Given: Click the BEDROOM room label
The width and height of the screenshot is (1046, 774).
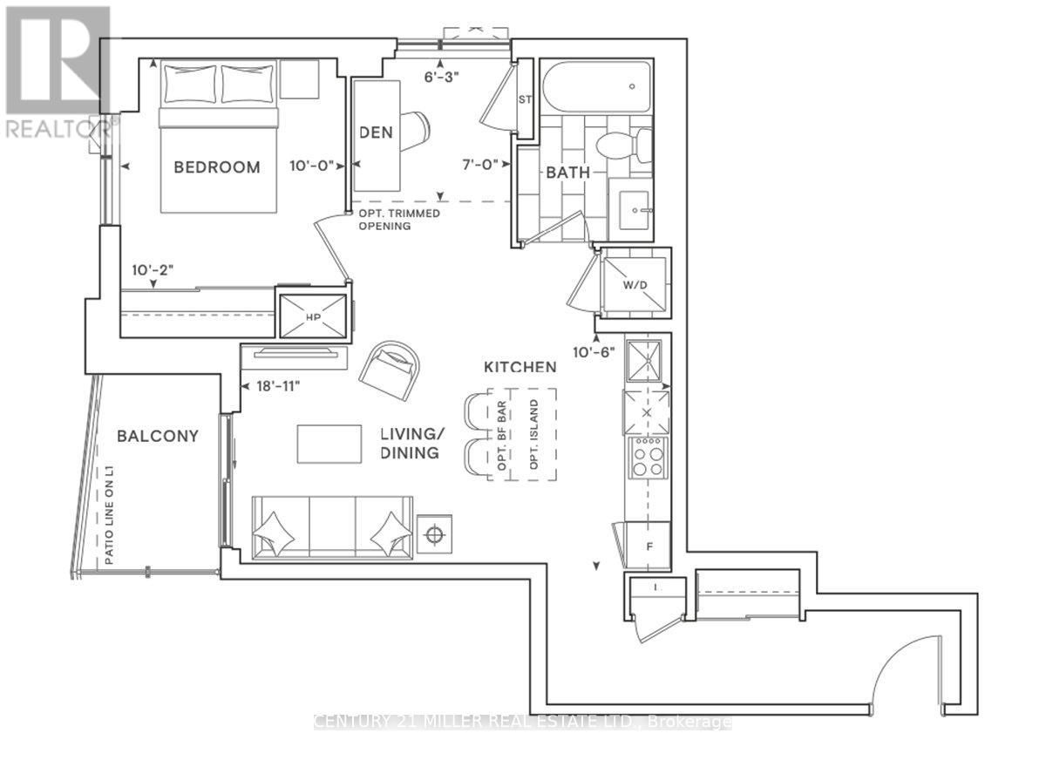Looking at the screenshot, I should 216,167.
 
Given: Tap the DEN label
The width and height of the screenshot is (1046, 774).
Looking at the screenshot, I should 377,133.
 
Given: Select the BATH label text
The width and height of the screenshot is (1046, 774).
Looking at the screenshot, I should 568,173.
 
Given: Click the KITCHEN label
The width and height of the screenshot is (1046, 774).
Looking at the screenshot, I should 520,369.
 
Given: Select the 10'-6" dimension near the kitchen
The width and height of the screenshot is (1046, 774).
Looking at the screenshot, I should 595,351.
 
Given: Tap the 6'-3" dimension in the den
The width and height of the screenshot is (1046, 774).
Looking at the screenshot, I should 441,76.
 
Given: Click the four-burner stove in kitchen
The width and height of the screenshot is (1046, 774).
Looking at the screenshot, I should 647,456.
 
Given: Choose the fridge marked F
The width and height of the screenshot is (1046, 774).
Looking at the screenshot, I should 647,547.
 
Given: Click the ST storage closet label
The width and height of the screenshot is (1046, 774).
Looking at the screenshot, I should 525,98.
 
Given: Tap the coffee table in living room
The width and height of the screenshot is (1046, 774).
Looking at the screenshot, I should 329,445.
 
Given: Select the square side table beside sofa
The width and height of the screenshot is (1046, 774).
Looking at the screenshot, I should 434,533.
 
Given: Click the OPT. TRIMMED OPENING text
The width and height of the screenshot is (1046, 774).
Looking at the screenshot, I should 397,220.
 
